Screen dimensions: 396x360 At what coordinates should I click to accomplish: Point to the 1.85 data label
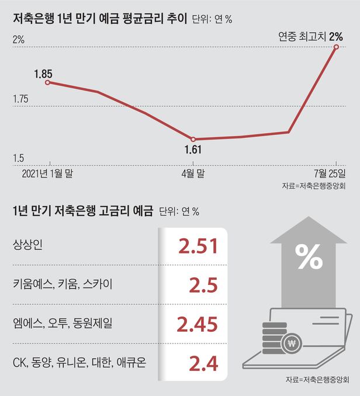point(43,74)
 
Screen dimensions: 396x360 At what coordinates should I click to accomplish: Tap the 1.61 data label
point(193,150)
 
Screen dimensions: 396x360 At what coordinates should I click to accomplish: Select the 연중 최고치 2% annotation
point(310,37)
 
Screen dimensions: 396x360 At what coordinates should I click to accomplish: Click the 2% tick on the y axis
point(18,40)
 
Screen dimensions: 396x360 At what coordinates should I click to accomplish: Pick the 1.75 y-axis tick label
point(21,100)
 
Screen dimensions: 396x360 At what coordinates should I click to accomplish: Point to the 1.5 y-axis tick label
point(18,158)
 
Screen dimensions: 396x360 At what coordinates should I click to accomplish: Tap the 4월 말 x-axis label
point(193,173)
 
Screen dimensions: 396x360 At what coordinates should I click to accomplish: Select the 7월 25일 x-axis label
point(330,173)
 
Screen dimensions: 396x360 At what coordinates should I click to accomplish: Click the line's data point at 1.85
point(47,82)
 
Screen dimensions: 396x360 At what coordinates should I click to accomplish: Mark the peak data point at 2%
point(337,47)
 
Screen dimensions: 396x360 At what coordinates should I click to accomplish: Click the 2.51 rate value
point(198,245)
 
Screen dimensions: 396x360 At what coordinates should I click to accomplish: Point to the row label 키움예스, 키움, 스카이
point(61,284)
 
